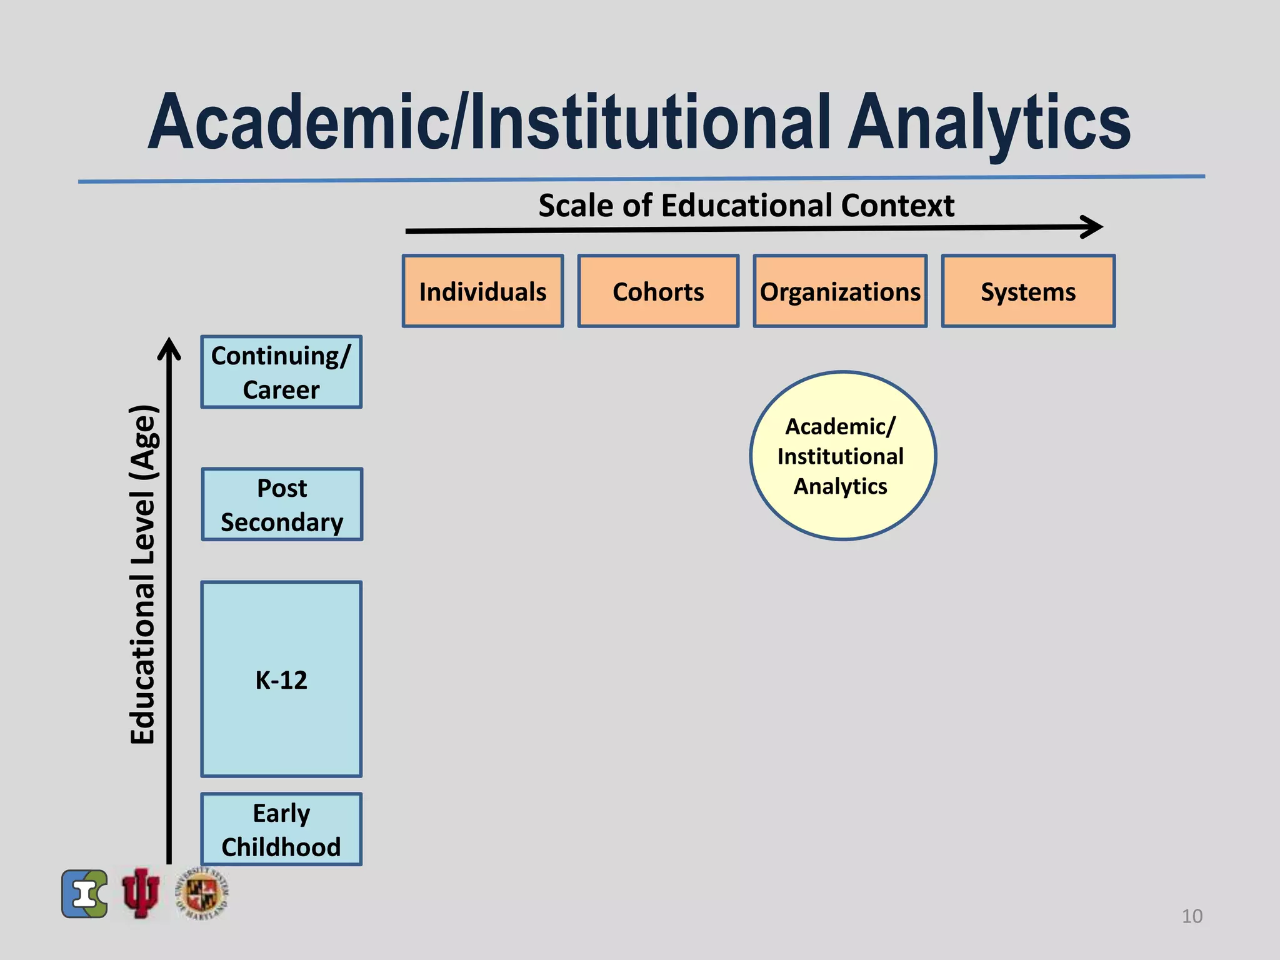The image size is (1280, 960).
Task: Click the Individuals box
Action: pyautogui.click(x=482, y=291)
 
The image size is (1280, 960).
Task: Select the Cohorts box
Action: pyautogui.click(x=658, y=291)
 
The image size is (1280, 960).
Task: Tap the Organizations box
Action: pyautogui.click(x=840, y=291)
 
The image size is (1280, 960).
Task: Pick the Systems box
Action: pyautogui.click(x=1028, y=291)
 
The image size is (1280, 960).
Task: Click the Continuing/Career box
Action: pyautogui.click(x=281, y=372)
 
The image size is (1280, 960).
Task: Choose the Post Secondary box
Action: pyautogui.click(x=282, y=504)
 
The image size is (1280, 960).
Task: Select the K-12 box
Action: pyautogui.click(x=281, y=679)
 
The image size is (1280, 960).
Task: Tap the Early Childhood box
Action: pyautogui.click(x=281, y=829)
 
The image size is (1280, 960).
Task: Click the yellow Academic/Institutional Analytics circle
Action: pyautogui.click(x=842, y=456)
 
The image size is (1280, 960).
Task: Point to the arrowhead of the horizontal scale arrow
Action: pyautogui.click(x=1094, y=227)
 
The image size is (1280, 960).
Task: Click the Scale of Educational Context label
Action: pyautogui.click(x=746, y=206)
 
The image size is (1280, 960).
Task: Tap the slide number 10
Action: pyautogui.click(x=1192, y=916)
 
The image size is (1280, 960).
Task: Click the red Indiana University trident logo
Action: pyautogui.click(x=141, y=893)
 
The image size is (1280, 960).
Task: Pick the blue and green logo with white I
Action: pyautogui.click(x=85, y=894)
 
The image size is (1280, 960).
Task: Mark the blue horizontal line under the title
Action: pyautogui.click(x=641, y=179)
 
